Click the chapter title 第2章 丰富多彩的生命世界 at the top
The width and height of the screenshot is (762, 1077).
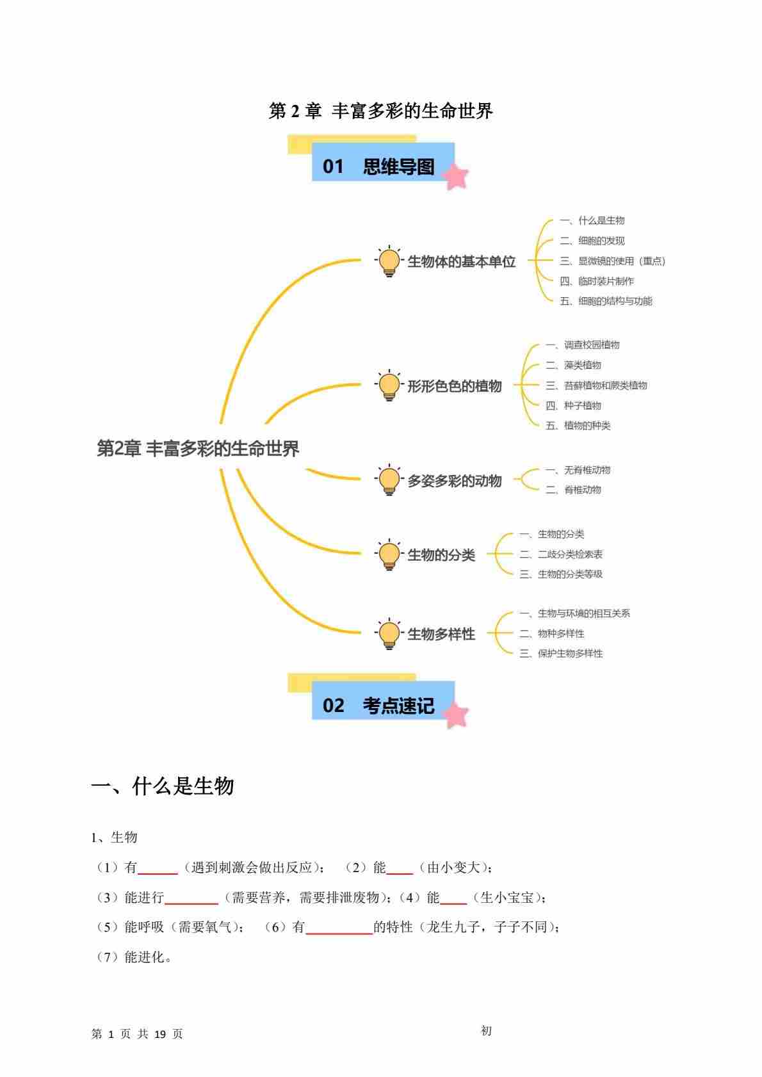coord(381,111)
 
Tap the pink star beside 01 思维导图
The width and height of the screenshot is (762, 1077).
coord(456,177)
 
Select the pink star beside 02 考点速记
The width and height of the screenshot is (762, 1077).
coord(456,715)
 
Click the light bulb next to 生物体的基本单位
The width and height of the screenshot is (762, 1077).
coord(389,261)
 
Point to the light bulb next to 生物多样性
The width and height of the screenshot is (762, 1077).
coord(389,634)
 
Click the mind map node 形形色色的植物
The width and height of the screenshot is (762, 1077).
coord(454,386)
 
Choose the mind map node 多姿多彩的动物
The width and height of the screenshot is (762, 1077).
coord(454,481)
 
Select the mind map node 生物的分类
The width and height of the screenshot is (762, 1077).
coord(441,555)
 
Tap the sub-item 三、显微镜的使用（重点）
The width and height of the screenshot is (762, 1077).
coord(612,261)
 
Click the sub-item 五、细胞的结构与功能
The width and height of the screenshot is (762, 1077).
coord(606,301)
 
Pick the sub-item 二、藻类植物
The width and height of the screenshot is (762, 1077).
coord(573,365)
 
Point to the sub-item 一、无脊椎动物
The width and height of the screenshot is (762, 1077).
coord(578,470)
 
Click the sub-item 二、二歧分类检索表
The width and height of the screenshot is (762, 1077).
coord(561,555)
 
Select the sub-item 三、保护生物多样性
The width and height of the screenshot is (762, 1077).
coord(561,654)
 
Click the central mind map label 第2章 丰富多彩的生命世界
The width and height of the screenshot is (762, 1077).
coord(198,449)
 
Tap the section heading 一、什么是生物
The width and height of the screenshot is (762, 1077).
coord(163,786)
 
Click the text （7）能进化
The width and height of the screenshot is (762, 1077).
coord(133,957)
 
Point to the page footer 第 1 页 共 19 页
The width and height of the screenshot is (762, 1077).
coord(137,1034)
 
